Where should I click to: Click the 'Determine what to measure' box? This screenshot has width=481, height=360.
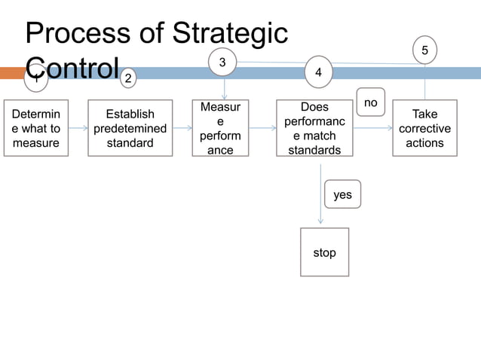click(x=36, y=128)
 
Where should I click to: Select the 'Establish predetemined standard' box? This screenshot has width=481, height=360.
click(x=130, y=128)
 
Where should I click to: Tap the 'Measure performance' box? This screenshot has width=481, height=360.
click(x=220, y=128)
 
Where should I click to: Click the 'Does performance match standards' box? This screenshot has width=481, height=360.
click(x=314, y=128)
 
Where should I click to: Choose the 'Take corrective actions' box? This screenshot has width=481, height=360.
click(x=424, y=128)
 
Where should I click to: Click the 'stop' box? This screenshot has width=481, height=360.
click(x=324, y=252)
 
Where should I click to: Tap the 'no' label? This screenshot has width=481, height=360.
click(x=370, y=102)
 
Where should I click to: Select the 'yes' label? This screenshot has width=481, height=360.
click(x=342, y=194)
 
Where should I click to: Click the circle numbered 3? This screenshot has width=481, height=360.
click(x=222, y=63)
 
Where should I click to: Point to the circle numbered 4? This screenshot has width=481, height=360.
click(x=319, y=72)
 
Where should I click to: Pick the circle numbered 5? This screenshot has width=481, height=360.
click(x=424, y=50)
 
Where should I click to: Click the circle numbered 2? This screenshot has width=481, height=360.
click(x=129, y=78)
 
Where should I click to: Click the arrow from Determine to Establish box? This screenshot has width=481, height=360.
click(x=78, y=129)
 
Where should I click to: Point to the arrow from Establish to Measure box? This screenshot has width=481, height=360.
click(x=182, y=129)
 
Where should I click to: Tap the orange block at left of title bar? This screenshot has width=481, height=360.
click(x=12, y=73)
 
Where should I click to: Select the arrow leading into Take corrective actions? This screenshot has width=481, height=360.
click(x=372, y=129)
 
